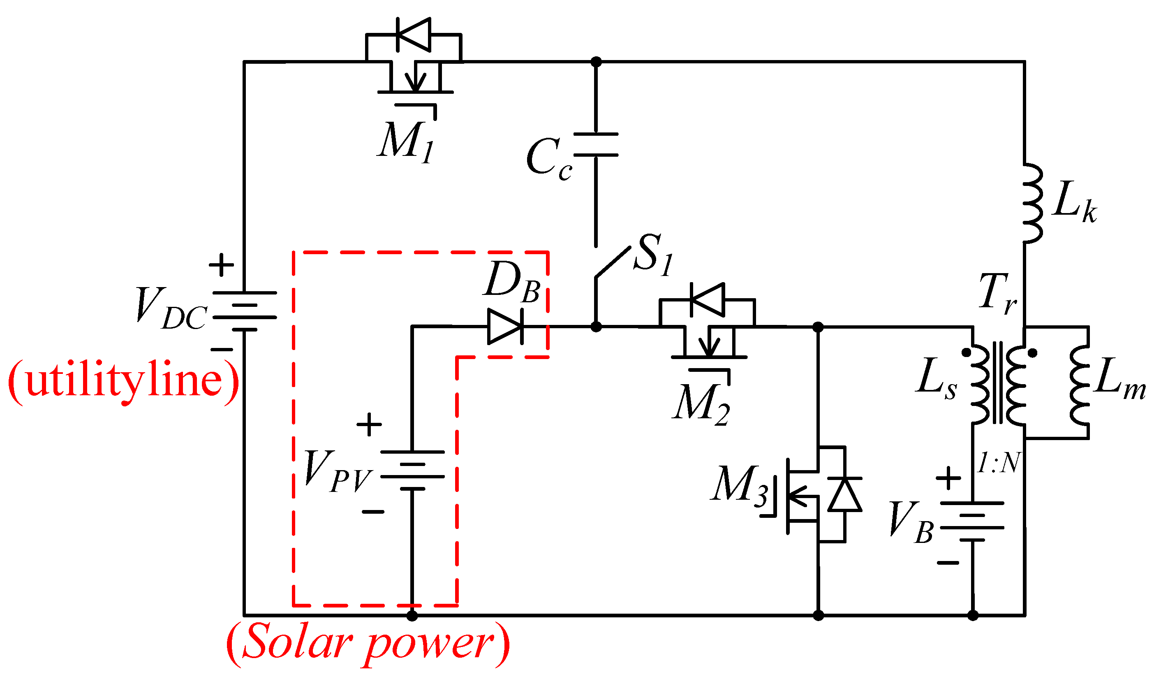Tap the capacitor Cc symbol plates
pos(596,145)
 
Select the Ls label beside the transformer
pos(936,379)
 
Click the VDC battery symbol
pos(244,311)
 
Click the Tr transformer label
pos(997,293)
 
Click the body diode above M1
pos(413,35)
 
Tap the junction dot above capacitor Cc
pos(596,62)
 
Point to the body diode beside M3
pos(844,494)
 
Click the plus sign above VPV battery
pos(369,424)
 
